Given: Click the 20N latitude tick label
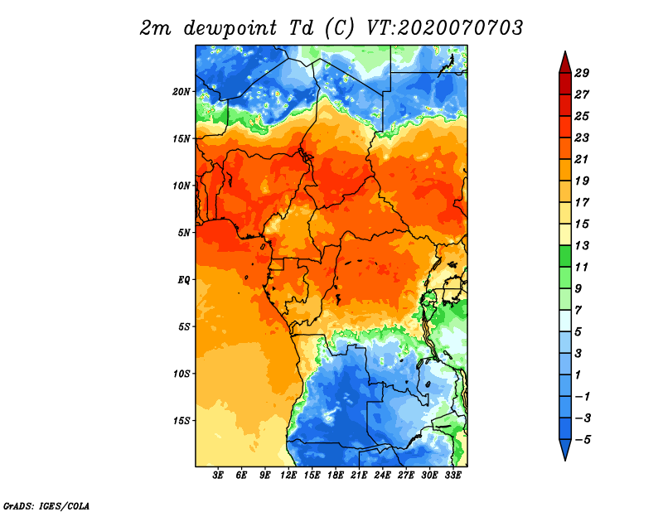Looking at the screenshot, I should click(x=181, y=91).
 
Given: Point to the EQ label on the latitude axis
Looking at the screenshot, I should click(x=184, y=279).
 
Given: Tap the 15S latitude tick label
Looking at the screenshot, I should click(x=181, y=420).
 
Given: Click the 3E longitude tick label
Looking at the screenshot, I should click(x=219, y=476).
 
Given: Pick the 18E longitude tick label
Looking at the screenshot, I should click(x=336, y=476).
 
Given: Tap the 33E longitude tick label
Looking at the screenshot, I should click(x=452, y=476).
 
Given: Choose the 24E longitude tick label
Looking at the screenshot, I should click(x=382, y=476).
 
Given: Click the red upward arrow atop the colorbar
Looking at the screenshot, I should click(x=564, y=61).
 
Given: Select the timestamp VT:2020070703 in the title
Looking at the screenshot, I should click(x=444, y=27).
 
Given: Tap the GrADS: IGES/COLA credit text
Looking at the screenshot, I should click(x=46, y=505).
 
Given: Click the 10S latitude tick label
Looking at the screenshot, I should click(x=181, y=374).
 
